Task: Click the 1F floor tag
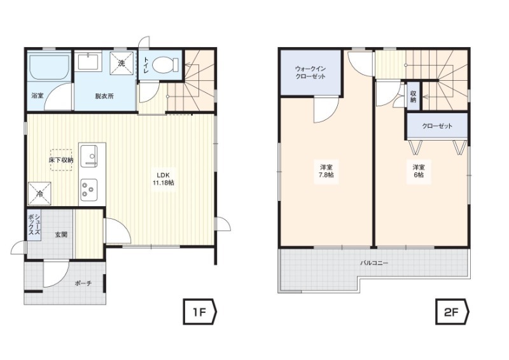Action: pos(200,312)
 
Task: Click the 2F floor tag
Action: pos(452,312)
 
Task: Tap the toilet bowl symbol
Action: pos(165,64)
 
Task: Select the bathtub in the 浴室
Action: pos(50,66)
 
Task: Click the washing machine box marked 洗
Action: pos(122,63)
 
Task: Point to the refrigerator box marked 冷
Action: pos(39,194)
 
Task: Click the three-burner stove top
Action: pos(88,189)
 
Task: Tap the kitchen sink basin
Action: pos(88,156)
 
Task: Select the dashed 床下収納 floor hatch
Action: pos(61,160)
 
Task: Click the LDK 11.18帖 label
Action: pos(164,178)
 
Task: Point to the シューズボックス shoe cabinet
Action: pos(34,225)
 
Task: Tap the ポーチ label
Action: pos(83,284)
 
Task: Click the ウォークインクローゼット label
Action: pos(310,73)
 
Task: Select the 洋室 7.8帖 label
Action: pos(326,171)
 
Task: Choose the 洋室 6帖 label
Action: pos(419,171)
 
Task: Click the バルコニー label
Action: pos(374,263)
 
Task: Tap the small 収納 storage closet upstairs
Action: pos(413,95)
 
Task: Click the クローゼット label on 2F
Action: pos(437,126)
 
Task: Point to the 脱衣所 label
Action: pos(104,96)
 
